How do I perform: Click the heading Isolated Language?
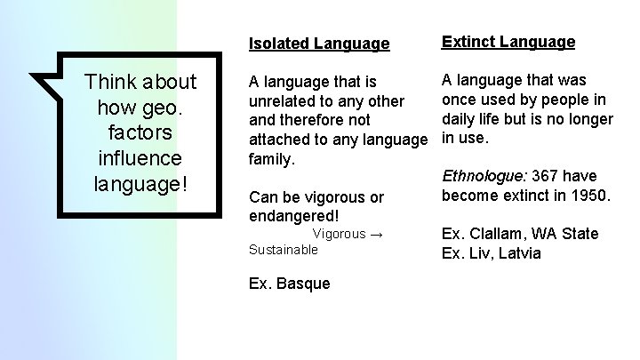click(x=319, y=44)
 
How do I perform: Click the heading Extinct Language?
click(x=508, y=42)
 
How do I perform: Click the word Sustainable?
click(x=283, y=250)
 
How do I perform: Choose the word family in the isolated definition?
click(x=274, y=158)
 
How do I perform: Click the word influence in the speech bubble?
click(x=140, y=158)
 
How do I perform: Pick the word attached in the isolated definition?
click(x=282, y=140)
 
